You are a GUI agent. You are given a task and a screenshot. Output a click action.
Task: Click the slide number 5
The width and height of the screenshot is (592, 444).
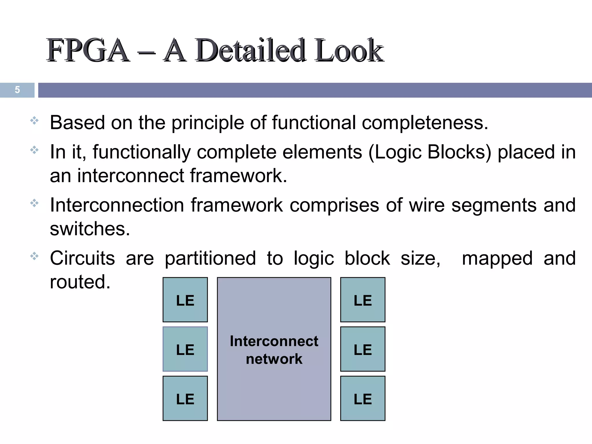click(17, 90)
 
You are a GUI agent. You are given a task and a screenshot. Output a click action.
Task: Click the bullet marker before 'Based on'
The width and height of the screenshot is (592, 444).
click(34, 121)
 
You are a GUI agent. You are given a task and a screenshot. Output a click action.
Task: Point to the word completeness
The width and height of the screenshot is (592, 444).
click(425, 123)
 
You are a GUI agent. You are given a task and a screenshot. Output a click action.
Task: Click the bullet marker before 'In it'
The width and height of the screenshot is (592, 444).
click(34, 150)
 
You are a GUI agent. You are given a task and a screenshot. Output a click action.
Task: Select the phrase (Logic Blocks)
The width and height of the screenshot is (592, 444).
click(430, 152)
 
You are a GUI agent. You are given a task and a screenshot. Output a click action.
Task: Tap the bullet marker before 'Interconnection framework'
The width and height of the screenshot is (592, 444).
click(34, 203)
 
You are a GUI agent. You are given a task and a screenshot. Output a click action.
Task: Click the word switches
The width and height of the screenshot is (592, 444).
click(90, 229)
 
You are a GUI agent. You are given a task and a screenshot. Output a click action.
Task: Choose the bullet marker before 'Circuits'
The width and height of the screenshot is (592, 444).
click(34, 256)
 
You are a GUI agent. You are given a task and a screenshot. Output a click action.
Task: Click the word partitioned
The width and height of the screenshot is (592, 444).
click(210, 258)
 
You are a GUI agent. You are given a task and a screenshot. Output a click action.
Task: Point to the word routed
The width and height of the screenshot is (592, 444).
click(80, 282)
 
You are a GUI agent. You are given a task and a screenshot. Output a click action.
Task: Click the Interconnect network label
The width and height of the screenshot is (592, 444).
click(274, 350)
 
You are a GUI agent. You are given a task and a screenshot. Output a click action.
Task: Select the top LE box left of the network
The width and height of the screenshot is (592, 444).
click(185, 300)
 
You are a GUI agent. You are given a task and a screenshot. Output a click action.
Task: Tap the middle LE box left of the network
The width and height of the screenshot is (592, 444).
click(185, 349)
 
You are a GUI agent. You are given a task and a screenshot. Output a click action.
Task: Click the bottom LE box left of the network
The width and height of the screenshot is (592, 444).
click(185, 398)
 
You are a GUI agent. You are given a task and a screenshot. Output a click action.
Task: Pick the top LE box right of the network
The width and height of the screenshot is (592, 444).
click(362, 300)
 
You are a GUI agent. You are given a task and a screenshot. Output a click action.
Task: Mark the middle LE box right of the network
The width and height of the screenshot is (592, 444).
click(362, 349)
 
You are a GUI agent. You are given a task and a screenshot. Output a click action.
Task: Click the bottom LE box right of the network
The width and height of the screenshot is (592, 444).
click(362, 398)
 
